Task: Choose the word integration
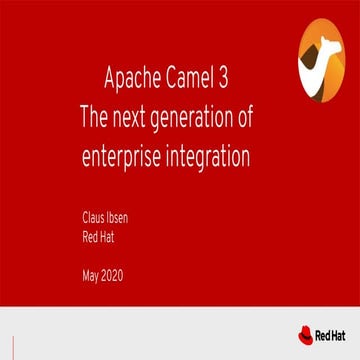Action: coord(221,159)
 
